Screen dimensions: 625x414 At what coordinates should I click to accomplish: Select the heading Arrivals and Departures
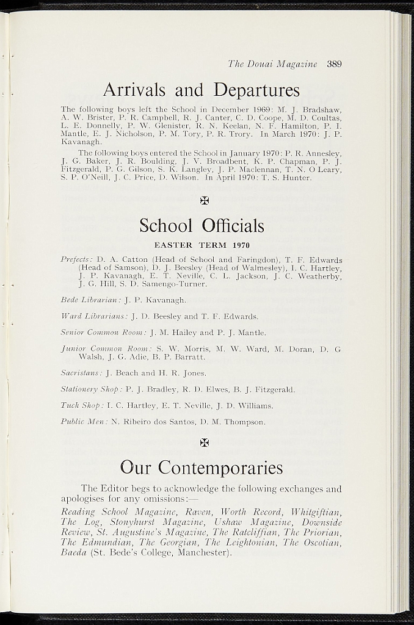click(x=202, y=90)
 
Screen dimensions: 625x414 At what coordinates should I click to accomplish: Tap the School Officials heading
click(x=202, y=226)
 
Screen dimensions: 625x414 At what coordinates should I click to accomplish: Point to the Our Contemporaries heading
click(x=202, y=468)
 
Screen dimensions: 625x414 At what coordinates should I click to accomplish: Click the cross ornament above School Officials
click(x=204, y=201)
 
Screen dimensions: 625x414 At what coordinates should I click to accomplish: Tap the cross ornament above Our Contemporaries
click(x=204, y=442)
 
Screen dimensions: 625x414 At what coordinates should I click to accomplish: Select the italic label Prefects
click(x=76, y=259)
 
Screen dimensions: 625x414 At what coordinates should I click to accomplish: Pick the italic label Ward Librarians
click(x=93, y=316)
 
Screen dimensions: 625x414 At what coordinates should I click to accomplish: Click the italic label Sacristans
click(x=81, y=373)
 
